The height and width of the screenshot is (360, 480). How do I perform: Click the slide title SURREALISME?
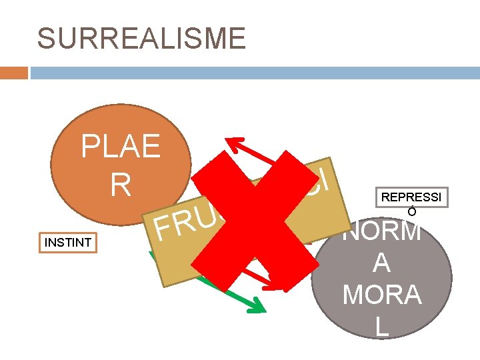point(141,38)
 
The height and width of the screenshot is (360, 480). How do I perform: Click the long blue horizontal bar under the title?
point(254,72)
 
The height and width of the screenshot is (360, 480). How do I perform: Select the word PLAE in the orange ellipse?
point(121,145)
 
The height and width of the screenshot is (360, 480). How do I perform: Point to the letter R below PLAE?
point(121,185)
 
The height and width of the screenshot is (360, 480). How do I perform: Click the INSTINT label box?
point(67,242)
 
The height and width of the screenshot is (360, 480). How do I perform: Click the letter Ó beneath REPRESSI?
point(412,212)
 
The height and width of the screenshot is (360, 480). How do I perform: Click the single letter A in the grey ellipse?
point(381,263)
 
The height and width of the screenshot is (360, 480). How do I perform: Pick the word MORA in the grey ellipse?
point(381,294)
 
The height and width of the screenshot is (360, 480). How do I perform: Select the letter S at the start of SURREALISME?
point(46,38)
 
